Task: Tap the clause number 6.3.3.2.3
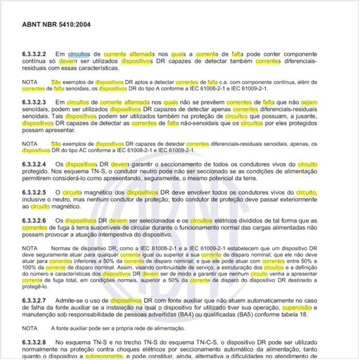[x=37, y=102]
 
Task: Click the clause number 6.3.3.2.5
[x=37, y=192]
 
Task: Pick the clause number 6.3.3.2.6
[x=37, y=221]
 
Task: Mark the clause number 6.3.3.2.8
[x=37, y=342]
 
